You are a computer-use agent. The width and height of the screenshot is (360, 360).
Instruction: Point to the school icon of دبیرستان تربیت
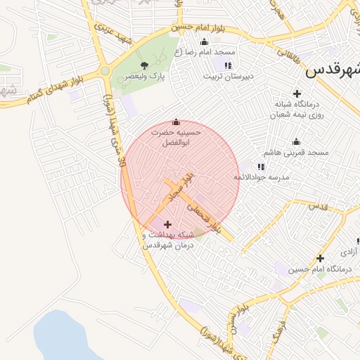coord(227,65)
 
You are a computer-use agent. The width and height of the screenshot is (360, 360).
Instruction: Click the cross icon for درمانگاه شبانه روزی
coord(297,94)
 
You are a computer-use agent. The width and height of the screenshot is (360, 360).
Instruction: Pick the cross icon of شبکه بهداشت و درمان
coord(167,224)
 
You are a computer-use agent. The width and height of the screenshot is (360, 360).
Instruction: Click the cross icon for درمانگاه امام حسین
coord(321,258)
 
